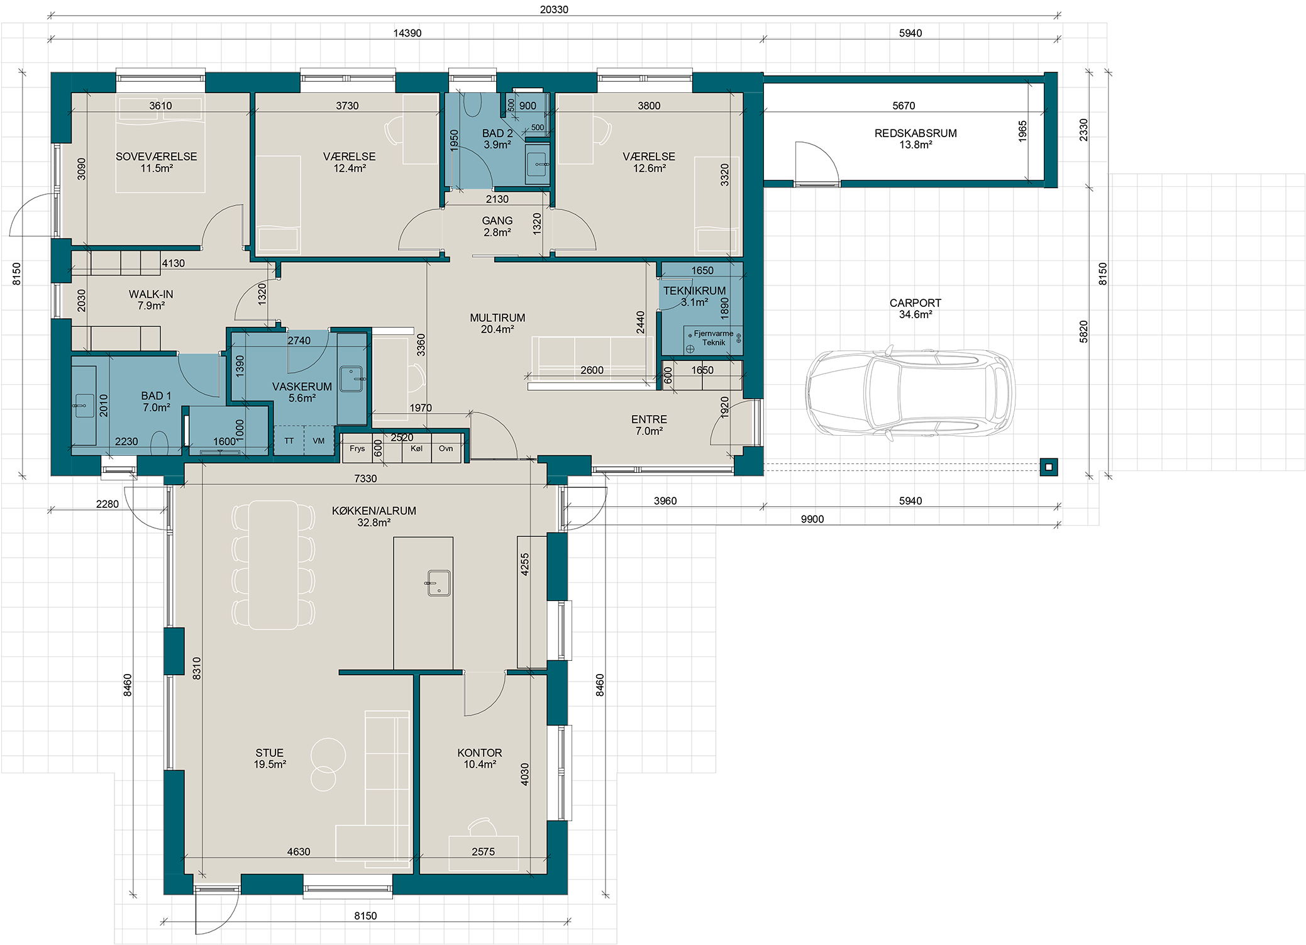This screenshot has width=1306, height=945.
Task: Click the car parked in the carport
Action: [x=910, y=392]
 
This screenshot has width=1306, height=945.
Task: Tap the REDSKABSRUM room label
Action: [x=916, y=133]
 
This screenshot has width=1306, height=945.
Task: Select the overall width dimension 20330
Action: [x=554, y=9]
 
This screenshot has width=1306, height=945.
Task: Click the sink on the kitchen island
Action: [x=438, y=583]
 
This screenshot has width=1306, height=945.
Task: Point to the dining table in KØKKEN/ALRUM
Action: [x=274, y=564]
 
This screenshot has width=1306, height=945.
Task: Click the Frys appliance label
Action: [x=357, y=448]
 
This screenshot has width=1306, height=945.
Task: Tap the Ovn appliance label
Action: [x=446, y=448]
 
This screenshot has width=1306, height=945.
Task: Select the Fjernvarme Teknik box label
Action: [x=714, y=338]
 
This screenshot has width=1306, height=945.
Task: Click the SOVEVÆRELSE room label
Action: [x=156, y=157]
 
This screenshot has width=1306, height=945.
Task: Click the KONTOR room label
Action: [x=479, y=753]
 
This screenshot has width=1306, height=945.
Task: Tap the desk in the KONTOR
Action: [x=484, y=853]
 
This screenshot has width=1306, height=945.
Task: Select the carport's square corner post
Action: [x=1049, y=467]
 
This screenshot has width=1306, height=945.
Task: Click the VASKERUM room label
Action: [x=302, y=387]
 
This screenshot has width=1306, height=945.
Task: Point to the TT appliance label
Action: [x=289, y=441]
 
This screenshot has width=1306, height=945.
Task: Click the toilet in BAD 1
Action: [x=160, y=443]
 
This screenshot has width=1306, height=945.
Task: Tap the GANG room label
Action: [x=497, y=221]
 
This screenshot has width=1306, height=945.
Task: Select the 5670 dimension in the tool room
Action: [x=904, y=106]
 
